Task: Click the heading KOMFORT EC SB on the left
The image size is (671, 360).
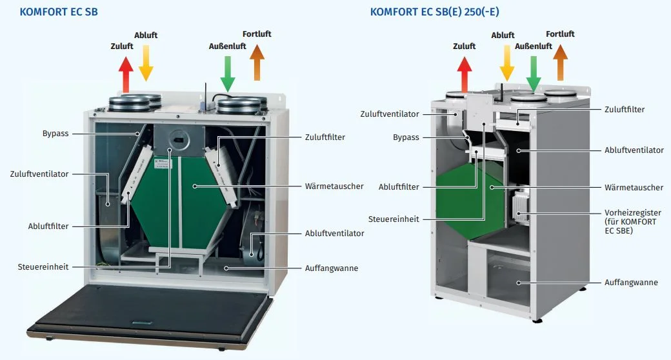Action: click(x=59, y=12)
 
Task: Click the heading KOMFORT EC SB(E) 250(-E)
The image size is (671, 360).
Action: click(x=435, y=12)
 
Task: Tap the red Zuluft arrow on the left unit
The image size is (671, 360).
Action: click(x=126, y=74)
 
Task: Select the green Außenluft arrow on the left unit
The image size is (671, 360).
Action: click(x=228, y=73)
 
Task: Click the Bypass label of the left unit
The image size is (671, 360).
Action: click(x=55, y=134)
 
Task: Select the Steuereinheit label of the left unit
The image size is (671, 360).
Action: click(x=43, y=266)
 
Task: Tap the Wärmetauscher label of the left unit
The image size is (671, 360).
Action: click(x=334, y=186)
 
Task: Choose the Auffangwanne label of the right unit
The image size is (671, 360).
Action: click(x=630, y=283)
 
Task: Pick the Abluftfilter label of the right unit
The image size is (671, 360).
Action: click(x=399, y=187)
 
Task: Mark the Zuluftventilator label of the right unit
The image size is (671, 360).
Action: click(x=390, y=114)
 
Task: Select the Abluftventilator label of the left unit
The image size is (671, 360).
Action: click(x=334, y=233)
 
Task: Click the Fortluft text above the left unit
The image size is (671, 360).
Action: click(x=257, y=34)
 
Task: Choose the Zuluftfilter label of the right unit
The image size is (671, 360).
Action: click(x=624, y=110)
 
